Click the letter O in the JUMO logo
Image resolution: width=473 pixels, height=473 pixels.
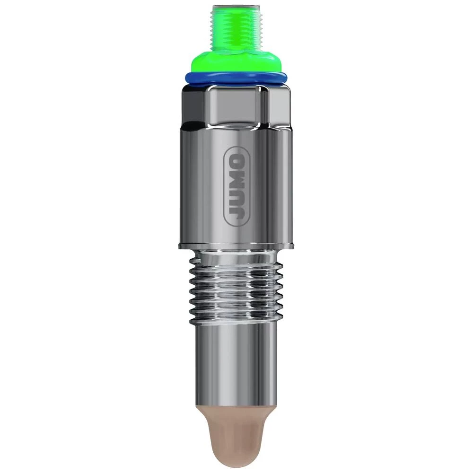[x=235, y=159]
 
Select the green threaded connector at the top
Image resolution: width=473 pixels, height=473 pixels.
[x=235, y=28]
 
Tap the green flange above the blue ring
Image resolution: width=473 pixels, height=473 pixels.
[x=235, y=63]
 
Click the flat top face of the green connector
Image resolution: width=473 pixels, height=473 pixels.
[x=235, y=7]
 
